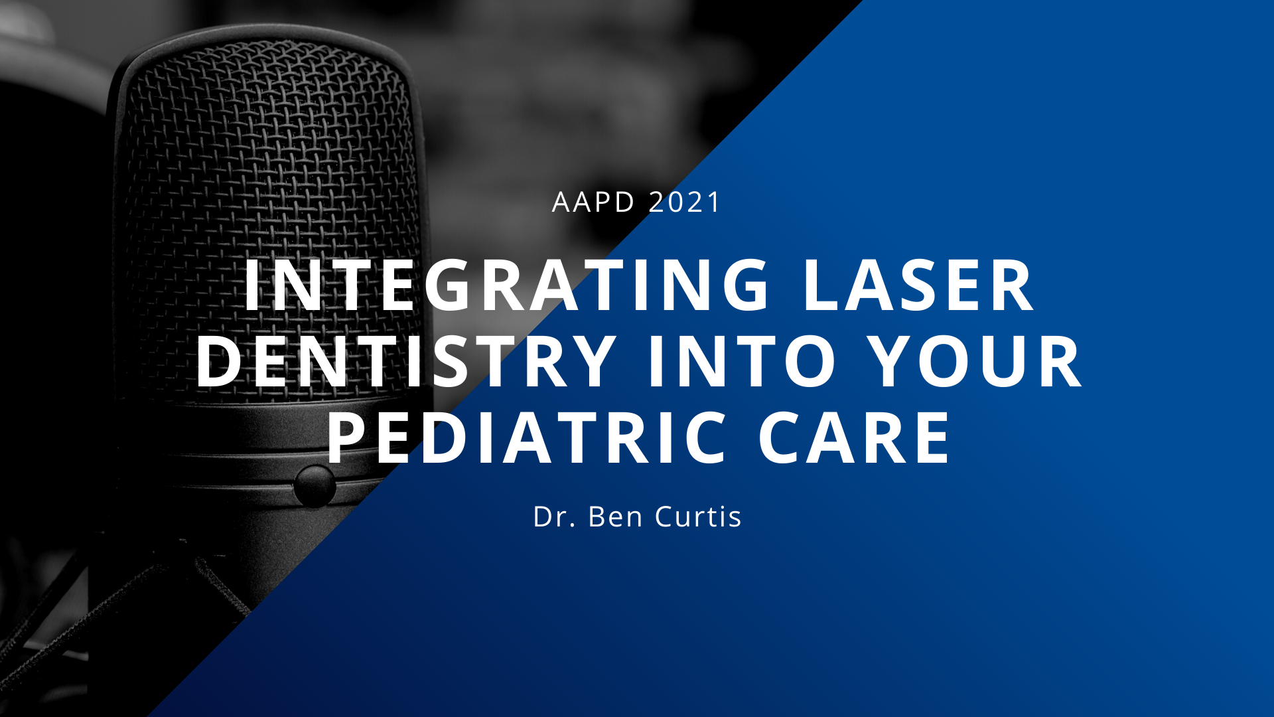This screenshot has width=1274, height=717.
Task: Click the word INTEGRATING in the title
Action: pyautogui.click(x=507, y=285)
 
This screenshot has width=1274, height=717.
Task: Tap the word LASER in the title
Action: pyautogui.click(x=918, y=285)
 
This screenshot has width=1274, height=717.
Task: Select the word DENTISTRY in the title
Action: pyautogui.click(x=406, y=361)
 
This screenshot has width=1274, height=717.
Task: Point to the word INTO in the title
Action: pyautogui.click(x=742, y=361)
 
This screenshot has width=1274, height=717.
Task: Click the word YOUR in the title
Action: pyautogui.click(x=976, y=361)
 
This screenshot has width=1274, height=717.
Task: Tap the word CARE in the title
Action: pyautogui.click(x=854, y=438)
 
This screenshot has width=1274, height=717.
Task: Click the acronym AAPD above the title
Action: pyautogui.click(x=593, y=202)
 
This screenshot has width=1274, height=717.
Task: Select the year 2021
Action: pyautogui.click(x=684, y=202)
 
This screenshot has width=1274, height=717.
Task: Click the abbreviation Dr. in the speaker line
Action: pyautogui.click(x=554, y=517)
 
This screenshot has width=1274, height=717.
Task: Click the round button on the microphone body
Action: pyautogui.click(x=315, y=485)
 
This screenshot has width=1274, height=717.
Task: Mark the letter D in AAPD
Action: pyautogui.click(x=624, y=202)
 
